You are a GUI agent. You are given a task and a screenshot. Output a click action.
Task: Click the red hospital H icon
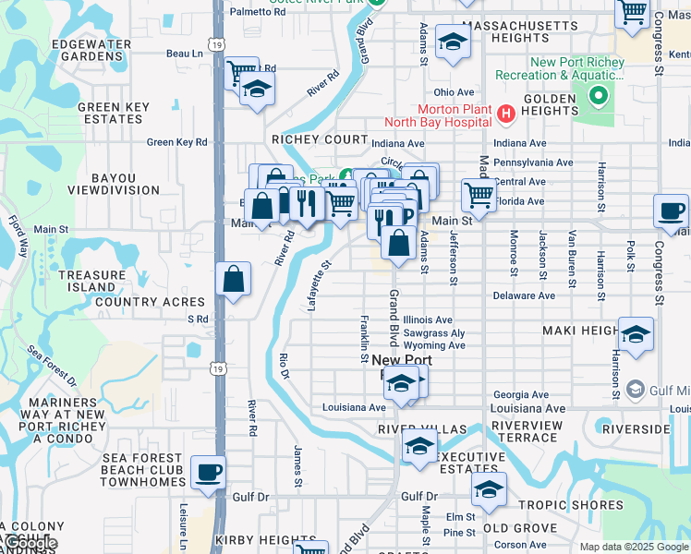pos(505,114)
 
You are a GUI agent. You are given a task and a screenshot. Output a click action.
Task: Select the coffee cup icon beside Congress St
pos(671,211)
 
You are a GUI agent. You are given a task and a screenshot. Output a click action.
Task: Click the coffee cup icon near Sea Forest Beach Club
pos(208,472)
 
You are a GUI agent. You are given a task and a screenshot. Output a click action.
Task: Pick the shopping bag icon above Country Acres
pos(234,278)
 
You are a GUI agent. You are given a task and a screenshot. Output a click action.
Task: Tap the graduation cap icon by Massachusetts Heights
pos(452,42)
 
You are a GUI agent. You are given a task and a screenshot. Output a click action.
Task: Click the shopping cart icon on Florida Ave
pos(478,194)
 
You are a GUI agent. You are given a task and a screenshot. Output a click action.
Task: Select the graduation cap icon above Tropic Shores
pos(489,488)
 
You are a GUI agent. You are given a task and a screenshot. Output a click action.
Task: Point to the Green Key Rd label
pos(177,142)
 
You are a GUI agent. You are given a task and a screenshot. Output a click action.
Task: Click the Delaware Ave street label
pos(523,295)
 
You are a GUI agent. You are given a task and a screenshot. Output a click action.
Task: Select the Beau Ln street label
pos(184,54)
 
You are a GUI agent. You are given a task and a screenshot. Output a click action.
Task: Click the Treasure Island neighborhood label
pos(91,282)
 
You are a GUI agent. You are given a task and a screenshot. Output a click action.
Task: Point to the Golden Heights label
pos(551,104)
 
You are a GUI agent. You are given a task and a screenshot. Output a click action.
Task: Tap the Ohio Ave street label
pos(454,92)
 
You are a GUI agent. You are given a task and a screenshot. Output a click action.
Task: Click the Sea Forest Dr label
pos(52,367)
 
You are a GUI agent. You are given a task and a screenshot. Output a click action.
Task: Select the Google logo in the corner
pos(30,543)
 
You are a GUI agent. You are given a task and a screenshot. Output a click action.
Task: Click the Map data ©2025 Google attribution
pos(633,547)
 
